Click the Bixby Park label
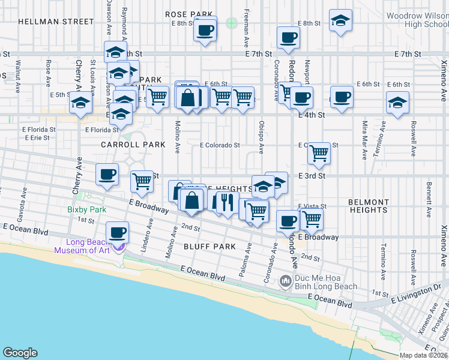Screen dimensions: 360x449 pyautogui.click(x=87, y=210)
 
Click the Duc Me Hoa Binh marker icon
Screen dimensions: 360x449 pyautogui.click(x=286, y=280)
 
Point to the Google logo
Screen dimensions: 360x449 pyautogui.click(x=20, y=353)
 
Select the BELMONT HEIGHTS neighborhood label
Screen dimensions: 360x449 pyautogui.click(x=368, y=206)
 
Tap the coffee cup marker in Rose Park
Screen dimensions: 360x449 pyautogui.click(x=205, y=29)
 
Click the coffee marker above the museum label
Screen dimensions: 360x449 pyautogui.click(x=118, y=232)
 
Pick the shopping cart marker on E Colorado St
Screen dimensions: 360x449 pyautogui.click(x=319, y=154)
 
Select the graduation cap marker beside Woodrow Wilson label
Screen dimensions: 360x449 pyautogui.click(x=341, y=22)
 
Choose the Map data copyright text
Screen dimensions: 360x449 pyautogui.click(x=424, y=355)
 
